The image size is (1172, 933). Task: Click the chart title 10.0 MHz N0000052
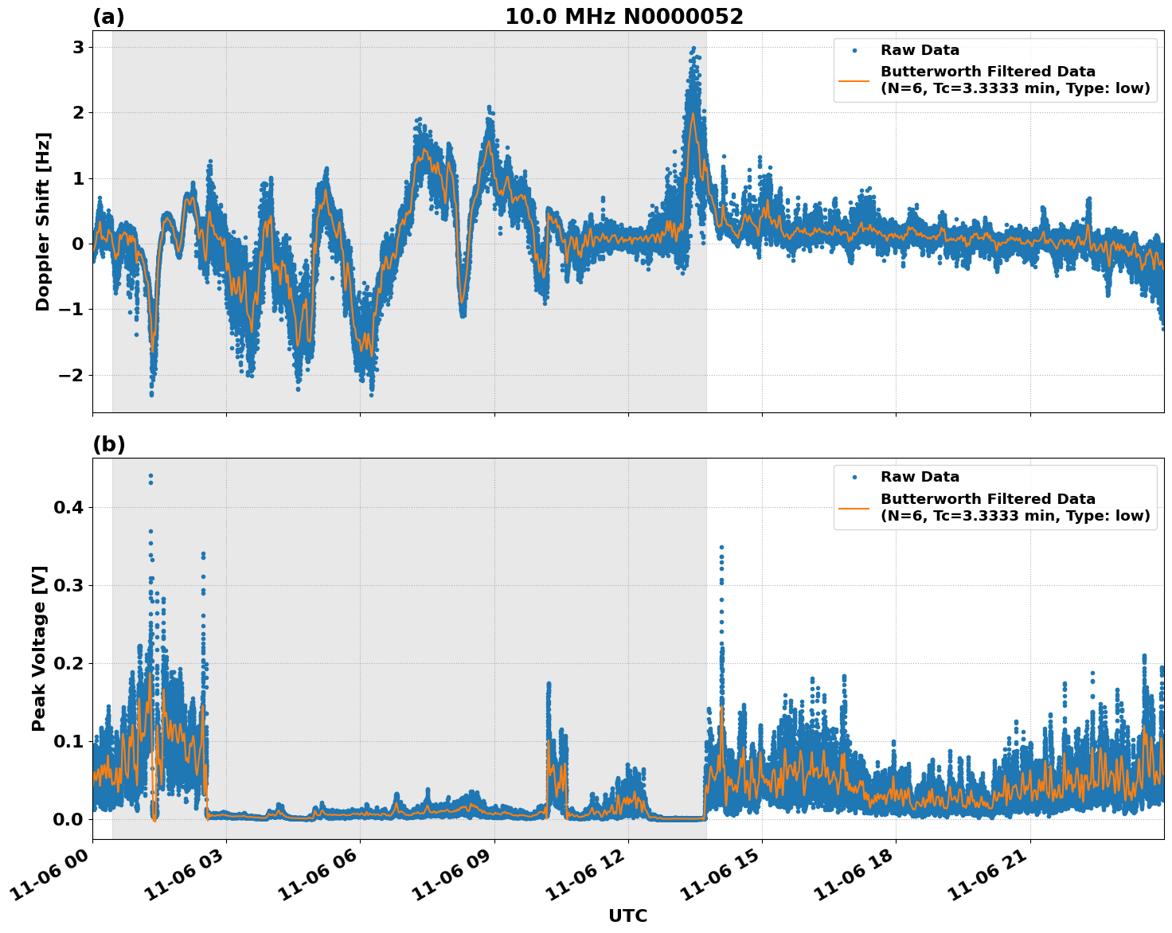623,17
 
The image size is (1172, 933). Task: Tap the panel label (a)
108,17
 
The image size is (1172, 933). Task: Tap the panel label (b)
108,444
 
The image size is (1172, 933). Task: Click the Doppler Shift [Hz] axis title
43,221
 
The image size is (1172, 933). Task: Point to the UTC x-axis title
627,915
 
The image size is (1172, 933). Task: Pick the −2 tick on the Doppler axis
72,375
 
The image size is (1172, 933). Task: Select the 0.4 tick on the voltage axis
68,507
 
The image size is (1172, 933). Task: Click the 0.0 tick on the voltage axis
68,819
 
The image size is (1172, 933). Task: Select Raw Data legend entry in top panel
920,50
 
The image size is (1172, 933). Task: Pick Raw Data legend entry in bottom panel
920,477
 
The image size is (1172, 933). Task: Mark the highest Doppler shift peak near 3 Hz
693,49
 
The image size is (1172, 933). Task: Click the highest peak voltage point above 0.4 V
150,475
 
